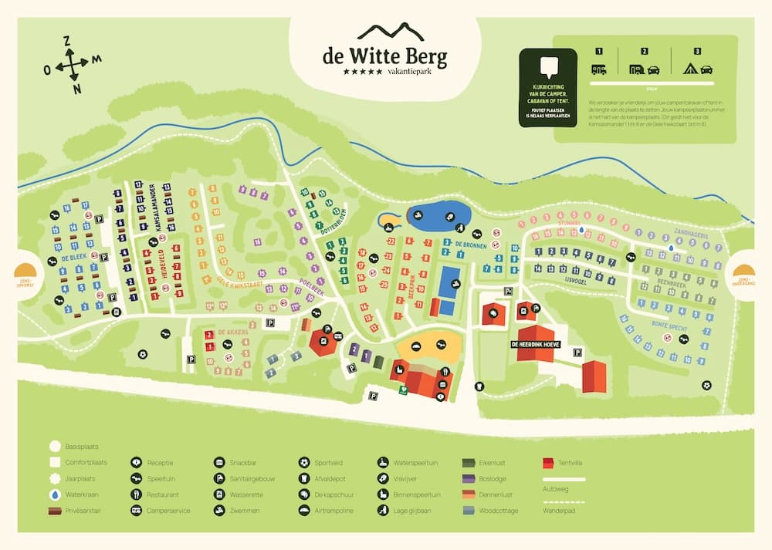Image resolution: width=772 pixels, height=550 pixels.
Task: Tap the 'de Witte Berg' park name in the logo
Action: point(384,56)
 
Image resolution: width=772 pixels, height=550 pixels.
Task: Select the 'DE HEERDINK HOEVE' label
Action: point(533,346)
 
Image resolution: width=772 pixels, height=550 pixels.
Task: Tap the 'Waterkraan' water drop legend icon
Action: point(55,494)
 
